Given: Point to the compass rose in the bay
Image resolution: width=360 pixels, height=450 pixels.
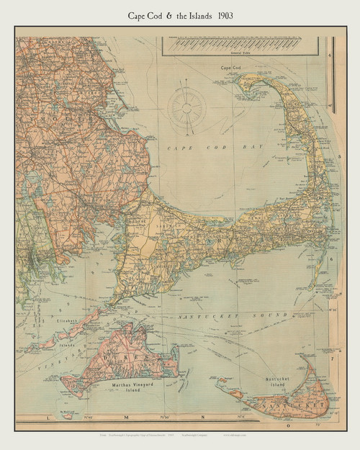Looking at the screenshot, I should click(186, 107).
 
